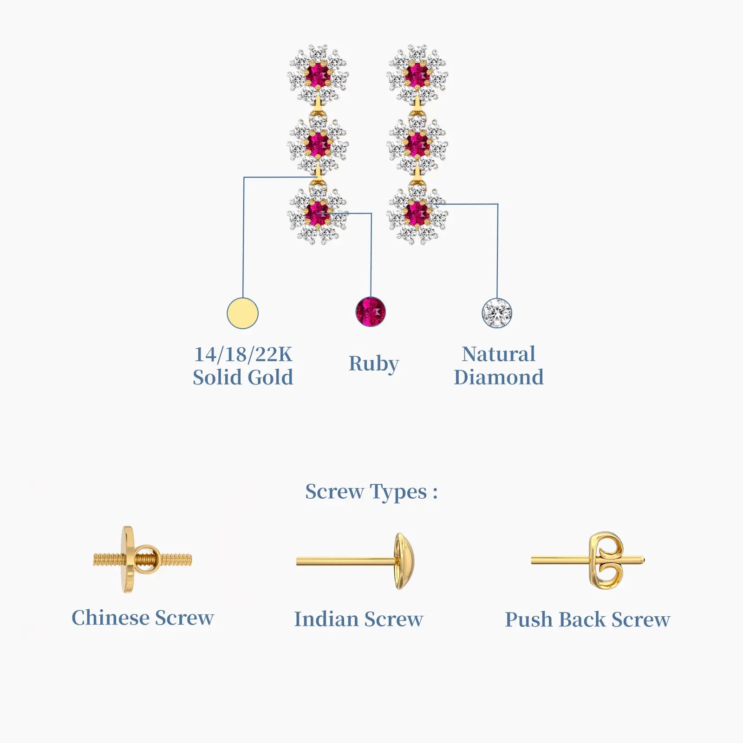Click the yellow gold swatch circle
click(x=242, y=313)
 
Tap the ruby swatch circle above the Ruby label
click(x=371, y=311)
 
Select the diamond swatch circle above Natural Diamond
click(x=497, y=313)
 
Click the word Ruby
click(x=373, y=364)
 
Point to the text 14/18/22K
click(x=243, y=354)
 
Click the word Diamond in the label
click(x=498, y=377)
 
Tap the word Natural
click(x=498, y=354)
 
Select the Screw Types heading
click(x=371, y=492)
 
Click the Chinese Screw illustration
click(x=142, y=559)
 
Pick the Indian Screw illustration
click(x=355, y=561)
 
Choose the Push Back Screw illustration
click(x=588, y=560)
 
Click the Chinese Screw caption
click(x=143, y=618)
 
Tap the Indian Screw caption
click(x=358, y=619)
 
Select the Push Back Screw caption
click(x=587, y=619)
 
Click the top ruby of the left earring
click(x=318, y=74)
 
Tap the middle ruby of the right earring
click(x=417, y=144)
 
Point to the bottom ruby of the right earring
click(x=417, y=213)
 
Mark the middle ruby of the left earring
click(x=318, y=144)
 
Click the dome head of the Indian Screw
click(x=403, y=561)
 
